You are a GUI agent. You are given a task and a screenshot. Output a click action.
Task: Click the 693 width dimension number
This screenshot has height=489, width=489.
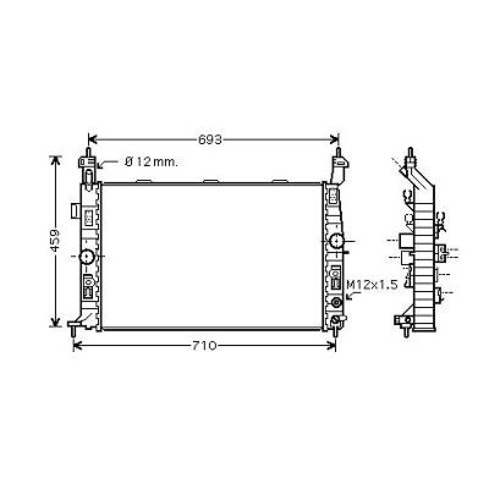click(x=210, y=140)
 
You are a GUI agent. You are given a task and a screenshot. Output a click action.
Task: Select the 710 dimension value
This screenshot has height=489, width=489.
click(x=204, y=346)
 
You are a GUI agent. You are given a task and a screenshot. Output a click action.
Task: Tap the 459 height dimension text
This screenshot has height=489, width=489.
click(x=55, y=240)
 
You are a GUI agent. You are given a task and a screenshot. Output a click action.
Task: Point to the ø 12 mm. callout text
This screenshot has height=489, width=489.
click(x=151, y=162)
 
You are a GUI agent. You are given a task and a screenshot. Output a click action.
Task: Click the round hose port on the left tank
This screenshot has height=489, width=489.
click(x=87, y=256)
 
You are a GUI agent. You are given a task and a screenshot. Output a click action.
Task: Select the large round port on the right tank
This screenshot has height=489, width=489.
click(x=336, y=241)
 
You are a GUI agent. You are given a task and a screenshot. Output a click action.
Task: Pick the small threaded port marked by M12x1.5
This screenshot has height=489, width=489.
click(x=336, y=302)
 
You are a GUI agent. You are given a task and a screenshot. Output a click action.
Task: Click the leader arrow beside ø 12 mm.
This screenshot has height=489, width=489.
click(x=103, y=165)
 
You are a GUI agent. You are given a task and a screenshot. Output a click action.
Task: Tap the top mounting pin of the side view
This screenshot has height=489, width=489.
click(x=410, y=152)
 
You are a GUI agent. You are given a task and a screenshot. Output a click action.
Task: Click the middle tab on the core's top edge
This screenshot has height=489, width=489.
click(x=211, y=181)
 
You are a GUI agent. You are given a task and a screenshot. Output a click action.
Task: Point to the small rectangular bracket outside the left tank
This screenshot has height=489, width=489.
click(x=75, y=210)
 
